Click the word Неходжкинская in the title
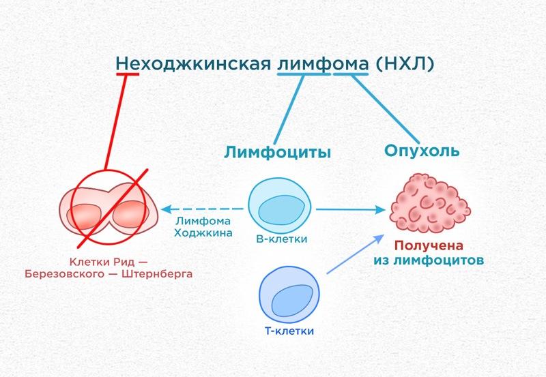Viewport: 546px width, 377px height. point(193,63)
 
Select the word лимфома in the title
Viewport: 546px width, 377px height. point(323,64)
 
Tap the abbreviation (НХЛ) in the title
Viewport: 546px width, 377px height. point(405,63)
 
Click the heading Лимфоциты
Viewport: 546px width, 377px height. point(277,152)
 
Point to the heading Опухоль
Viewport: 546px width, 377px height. point(422,151)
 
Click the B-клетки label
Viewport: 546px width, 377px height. point(282,239)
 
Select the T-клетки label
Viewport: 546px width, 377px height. point(289,331)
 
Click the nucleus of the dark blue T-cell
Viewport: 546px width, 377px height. point(292,301)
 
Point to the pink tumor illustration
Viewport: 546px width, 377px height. point(430,203)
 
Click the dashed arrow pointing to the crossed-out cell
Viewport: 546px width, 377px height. point(202,209)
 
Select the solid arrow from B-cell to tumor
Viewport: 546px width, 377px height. point(351,209)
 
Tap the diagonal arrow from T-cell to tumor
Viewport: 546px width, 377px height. point(355,254)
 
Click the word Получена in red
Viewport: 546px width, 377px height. point(429,245)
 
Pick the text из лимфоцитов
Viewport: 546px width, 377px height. point(429,260)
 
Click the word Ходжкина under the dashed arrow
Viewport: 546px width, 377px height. point(203,232)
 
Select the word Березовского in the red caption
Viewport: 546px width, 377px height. point(64,274)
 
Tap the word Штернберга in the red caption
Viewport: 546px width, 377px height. point(157,274)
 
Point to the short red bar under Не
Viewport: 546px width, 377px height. point(128,74)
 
